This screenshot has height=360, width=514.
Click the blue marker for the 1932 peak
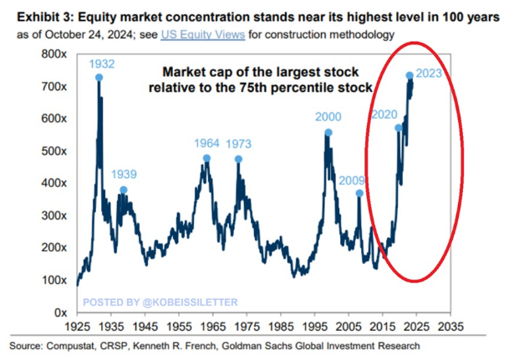(x=99, y=77)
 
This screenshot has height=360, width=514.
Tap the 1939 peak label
(x=124, y=176)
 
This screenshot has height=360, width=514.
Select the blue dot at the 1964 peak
(x=206, y=158)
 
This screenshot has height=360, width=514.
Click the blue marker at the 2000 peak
(x=328, y=133)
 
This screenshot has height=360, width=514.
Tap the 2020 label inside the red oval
(x=384, y=114)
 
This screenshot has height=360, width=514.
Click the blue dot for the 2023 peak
(x=410, y=75)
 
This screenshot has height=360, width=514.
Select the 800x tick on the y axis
(x=57, y=53)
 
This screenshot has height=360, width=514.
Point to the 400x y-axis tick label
(x=57, y=183)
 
